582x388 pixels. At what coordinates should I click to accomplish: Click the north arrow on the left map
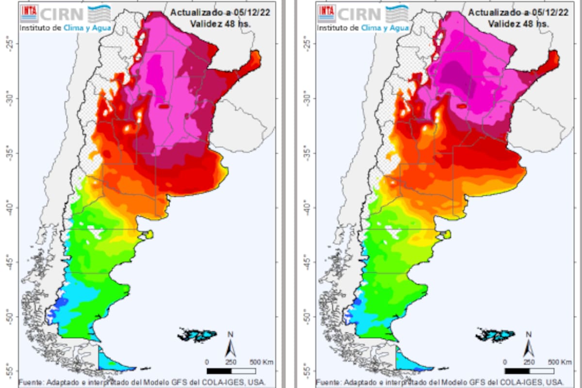pyautogui.click(x=231, y=345)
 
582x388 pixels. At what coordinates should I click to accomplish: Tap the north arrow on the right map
pyautogui.click(x=529, y=345)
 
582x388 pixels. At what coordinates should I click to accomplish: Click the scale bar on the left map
pyautogui.click(x=231, y=371)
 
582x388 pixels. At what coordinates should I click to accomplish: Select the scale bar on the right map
pyautogui.click(x=529, y=371)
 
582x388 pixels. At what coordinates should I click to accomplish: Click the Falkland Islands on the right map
pyautogui.click(x=496, y=335)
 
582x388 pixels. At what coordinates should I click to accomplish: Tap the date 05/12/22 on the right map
pyautogui.click(x=552, y=12)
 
